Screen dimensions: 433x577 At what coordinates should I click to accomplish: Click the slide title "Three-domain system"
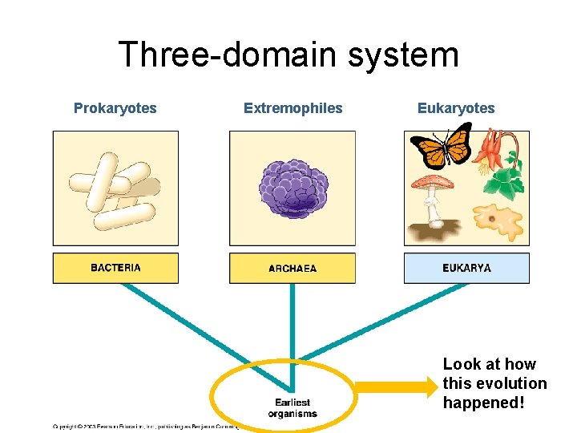coord(288,55)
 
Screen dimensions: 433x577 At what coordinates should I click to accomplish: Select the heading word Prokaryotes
coord(115,108)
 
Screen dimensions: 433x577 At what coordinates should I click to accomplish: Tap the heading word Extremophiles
coord(293,108)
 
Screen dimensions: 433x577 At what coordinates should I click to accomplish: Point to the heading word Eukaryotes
coord(456,108)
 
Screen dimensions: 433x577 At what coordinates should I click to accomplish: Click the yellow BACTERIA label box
coord(115,268)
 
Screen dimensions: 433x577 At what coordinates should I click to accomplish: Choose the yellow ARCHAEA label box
coord(293,268)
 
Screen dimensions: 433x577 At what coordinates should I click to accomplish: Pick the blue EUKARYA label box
coord(466,268)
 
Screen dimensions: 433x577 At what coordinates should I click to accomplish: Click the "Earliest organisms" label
coord(292,408)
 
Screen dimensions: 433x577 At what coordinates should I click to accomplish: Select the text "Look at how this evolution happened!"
coord(494,383)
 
